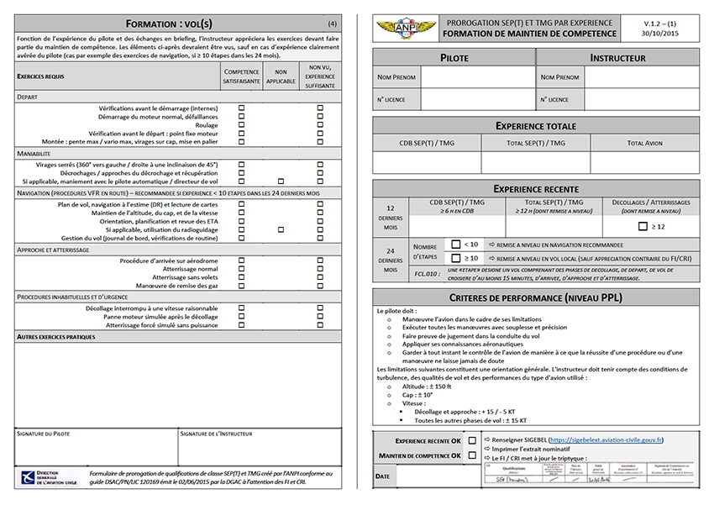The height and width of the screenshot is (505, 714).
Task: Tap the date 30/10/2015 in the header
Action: click(660, 34)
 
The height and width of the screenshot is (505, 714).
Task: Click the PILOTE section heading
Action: click(454, 58)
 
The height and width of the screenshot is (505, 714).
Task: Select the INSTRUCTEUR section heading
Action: click(617, 58)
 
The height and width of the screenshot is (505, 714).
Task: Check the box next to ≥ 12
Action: click(643, 227)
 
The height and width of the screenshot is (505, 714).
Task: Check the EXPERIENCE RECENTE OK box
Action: click(472, 440)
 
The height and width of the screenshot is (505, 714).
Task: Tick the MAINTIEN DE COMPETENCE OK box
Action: click(472, 455)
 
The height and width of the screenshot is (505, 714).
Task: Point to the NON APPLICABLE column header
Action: click(281, 76)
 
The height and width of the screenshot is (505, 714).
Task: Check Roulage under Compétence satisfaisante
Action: click(242, 125)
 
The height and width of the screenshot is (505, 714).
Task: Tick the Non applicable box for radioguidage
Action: click(281, 229)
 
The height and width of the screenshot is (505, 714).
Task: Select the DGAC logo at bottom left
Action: click(48, 478)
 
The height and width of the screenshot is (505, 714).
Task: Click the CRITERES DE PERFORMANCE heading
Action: click(535, 297)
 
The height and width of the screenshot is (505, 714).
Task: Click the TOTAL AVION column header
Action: click(644, 144)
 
